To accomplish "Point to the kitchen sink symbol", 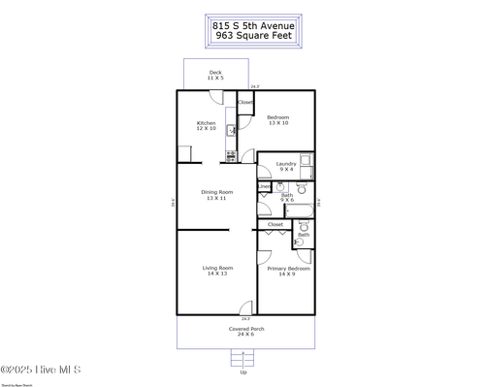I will (231, 130).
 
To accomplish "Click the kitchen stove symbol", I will (231, 154).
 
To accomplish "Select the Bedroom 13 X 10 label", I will (277, 120).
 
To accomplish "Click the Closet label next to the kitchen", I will (245, 102).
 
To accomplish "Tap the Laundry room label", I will (285, 166).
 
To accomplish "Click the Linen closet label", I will (264, 185).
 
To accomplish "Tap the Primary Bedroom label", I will (289, 271).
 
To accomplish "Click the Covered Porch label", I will (245, 331).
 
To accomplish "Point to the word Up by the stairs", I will (242, 372).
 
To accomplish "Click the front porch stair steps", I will (242, 357).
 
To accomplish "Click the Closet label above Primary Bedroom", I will (275, 224).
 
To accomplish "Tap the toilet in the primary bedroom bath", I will (300, 242).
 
